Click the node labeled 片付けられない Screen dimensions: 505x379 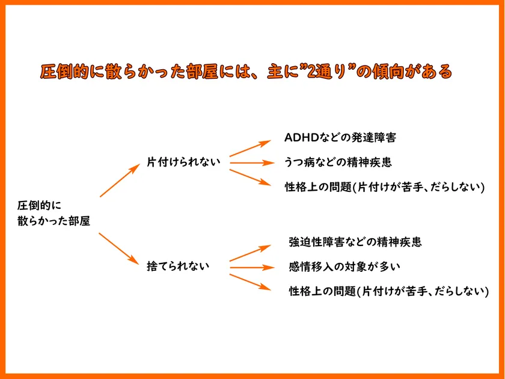[183, 162]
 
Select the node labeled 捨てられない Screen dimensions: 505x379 [178, 266]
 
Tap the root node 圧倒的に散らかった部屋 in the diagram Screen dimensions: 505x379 [54, 213]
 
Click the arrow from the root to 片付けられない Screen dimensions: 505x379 [120, 180]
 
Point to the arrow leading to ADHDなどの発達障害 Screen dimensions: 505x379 [250, 148]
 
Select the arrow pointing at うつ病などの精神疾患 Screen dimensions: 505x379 [252, 163]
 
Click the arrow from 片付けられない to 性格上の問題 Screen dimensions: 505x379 [250, 177]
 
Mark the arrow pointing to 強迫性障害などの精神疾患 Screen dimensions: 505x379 [250, 253]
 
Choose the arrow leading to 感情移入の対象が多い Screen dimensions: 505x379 [252, 268]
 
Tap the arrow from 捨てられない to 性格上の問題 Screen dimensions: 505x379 [250, 282]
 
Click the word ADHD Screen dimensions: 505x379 [301, 138]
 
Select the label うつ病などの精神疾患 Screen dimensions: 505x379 [338, 162]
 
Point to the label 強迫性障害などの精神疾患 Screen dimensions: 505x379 [355, 242]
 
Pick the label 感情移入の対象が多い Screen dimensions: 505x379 [344, 267]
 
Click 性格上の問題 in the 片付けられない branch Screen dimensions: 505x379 [318, 187]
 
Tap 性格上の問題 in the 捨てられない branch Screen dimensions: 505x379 [322, 291]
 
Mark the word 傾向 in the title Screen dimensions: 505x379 [388, 72]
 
